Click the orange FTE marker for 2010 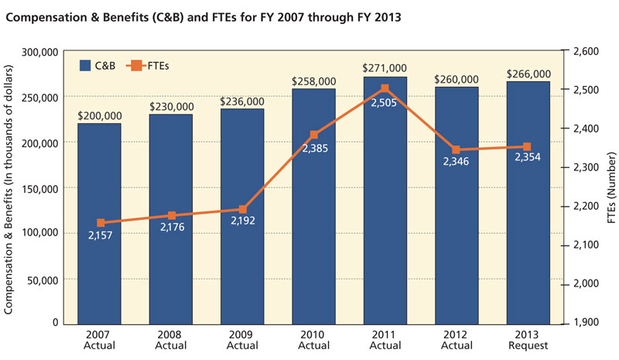coord(314,135)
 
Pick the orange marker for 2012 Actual coord(457,149)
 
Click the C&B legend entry coord(97,67)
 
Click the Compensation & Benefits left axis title coord(10,186)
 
